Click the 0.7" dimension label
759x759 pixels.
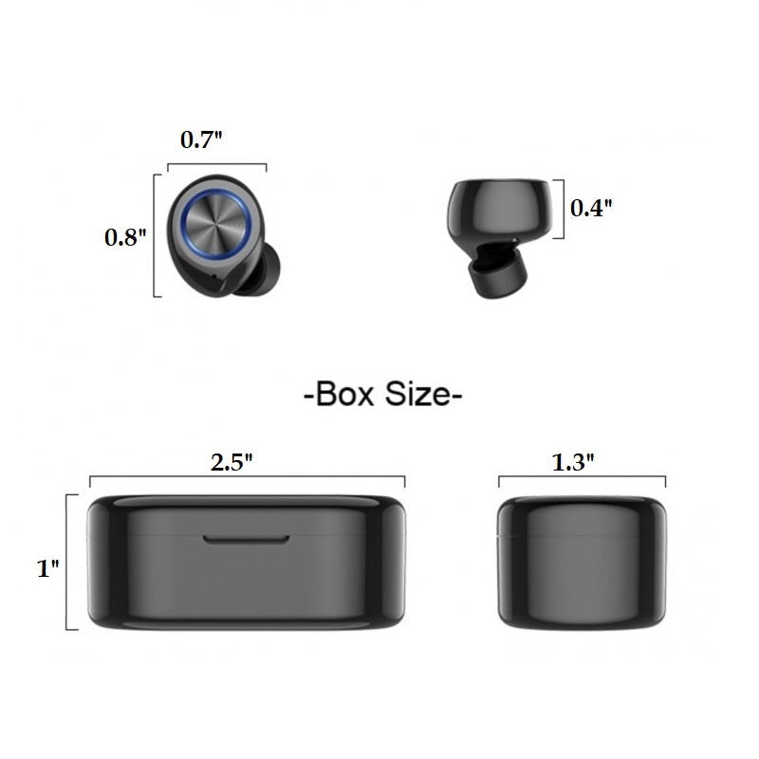201,139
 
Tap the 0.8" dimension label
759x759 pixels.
125,237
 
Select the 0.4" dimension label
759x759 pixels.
591,208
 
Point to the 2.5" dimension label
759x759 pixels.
231,462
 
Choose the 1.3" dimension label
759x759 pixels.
573,462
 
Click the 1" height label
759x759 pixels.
48,567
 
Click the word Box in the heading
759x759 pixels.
344,394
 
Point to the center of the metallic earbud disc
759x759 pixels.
216,223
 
